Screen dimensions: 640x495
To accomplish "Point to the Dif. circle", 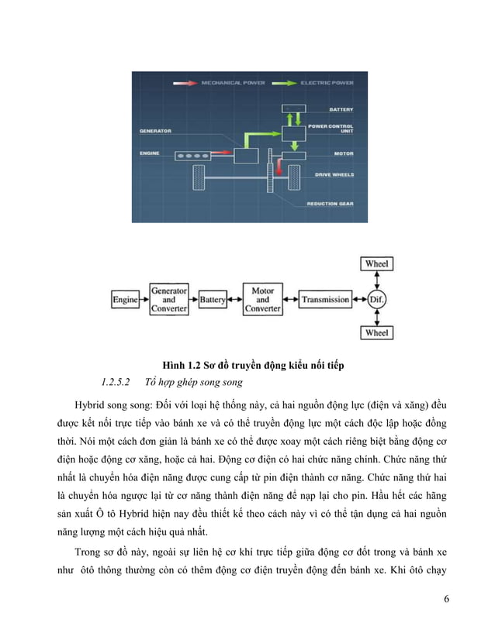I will pos(377,299).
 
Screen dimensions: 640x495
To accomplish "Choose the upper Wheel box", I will pos(377,264).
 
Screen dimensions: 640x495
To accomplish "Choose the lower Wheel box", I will pos(377,333).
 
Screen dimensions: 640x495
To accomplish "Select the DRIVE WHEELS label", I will pos(334,175).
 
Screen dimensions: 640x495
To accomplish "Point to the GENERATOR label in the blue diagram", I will pos(156,131).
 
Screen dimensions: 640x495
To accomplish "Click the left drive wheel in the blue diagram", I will pos(199,180).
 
